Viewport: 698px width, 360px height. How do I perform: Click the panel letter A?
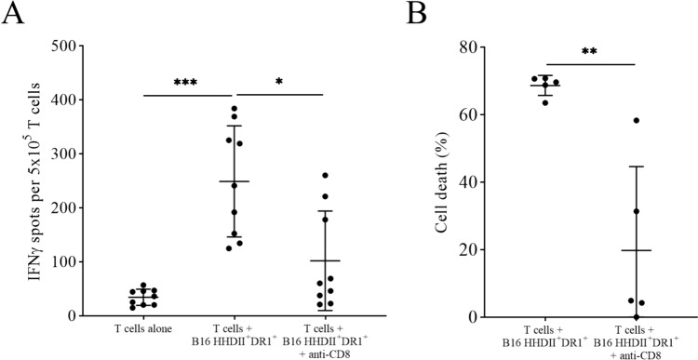pyautogui.click(x=14, y=16)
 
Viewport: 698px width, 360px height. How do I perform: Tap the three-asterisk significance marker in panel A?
pyautogui.click(x=187, y=84)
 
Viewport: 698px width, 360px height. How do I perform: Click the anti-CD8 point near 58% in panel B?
pyautogui.click(x=638, y=120)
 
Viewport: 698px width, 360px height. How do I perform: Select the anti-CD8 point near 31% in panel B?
pyautogui.click(x=637, y=211)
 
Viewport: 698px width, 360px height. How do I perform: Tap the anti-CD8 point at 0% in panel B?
pyautogui.click(x=637, y=316)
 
